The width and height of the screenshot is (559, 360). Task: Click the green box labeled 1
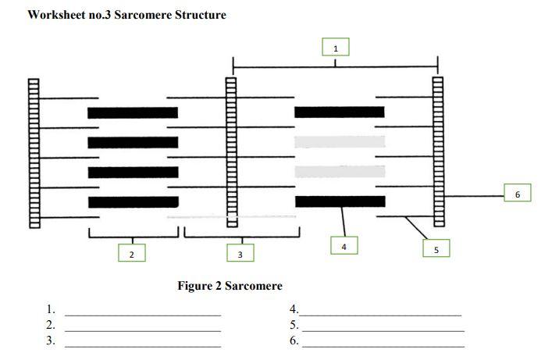pyautogui.click(x=336, y=48)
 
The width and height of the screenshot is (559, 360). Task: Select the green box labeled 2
pyautogui.click(x=132, y=253)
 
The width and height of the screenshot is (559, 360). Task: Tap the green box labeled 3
pyautogui.click(x=240, y=253)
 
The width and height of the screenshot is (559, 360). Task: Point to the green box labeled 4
pyautogui.click(x=344, y=245)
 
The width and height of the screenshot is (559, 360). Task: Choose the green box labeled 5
pyautogui.click(x=436, y=248)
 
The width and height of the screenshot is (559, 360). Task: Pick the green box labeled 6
pyautogui.click(x=517, y=193)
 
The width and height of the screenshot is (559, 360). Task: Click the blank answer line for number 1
pyautogui.click(x=143, y=314)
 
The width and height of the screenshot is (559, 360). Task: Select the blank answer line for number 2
pyautogui.click(x=143, y=330)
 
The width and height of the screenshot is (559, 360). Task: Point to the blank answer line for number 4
pyautogui.click(x=382, y=314)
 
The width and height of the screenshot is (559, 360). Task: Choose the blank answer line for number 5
pyautogui.click(x=383, y=330)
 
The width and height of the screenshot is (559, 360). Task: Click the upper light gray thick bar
pyautogui.click(x=340, y=141)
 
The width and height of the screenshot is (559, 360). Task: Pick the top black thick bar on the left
pyautogui.click(x=133, y=112)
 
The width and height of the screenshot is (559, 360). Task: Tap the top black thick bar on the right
pyautogui.click(x=340, y=112)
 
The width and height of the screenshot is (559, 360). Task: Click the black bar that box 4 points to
pyautogui.click(x=340, y=201)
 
